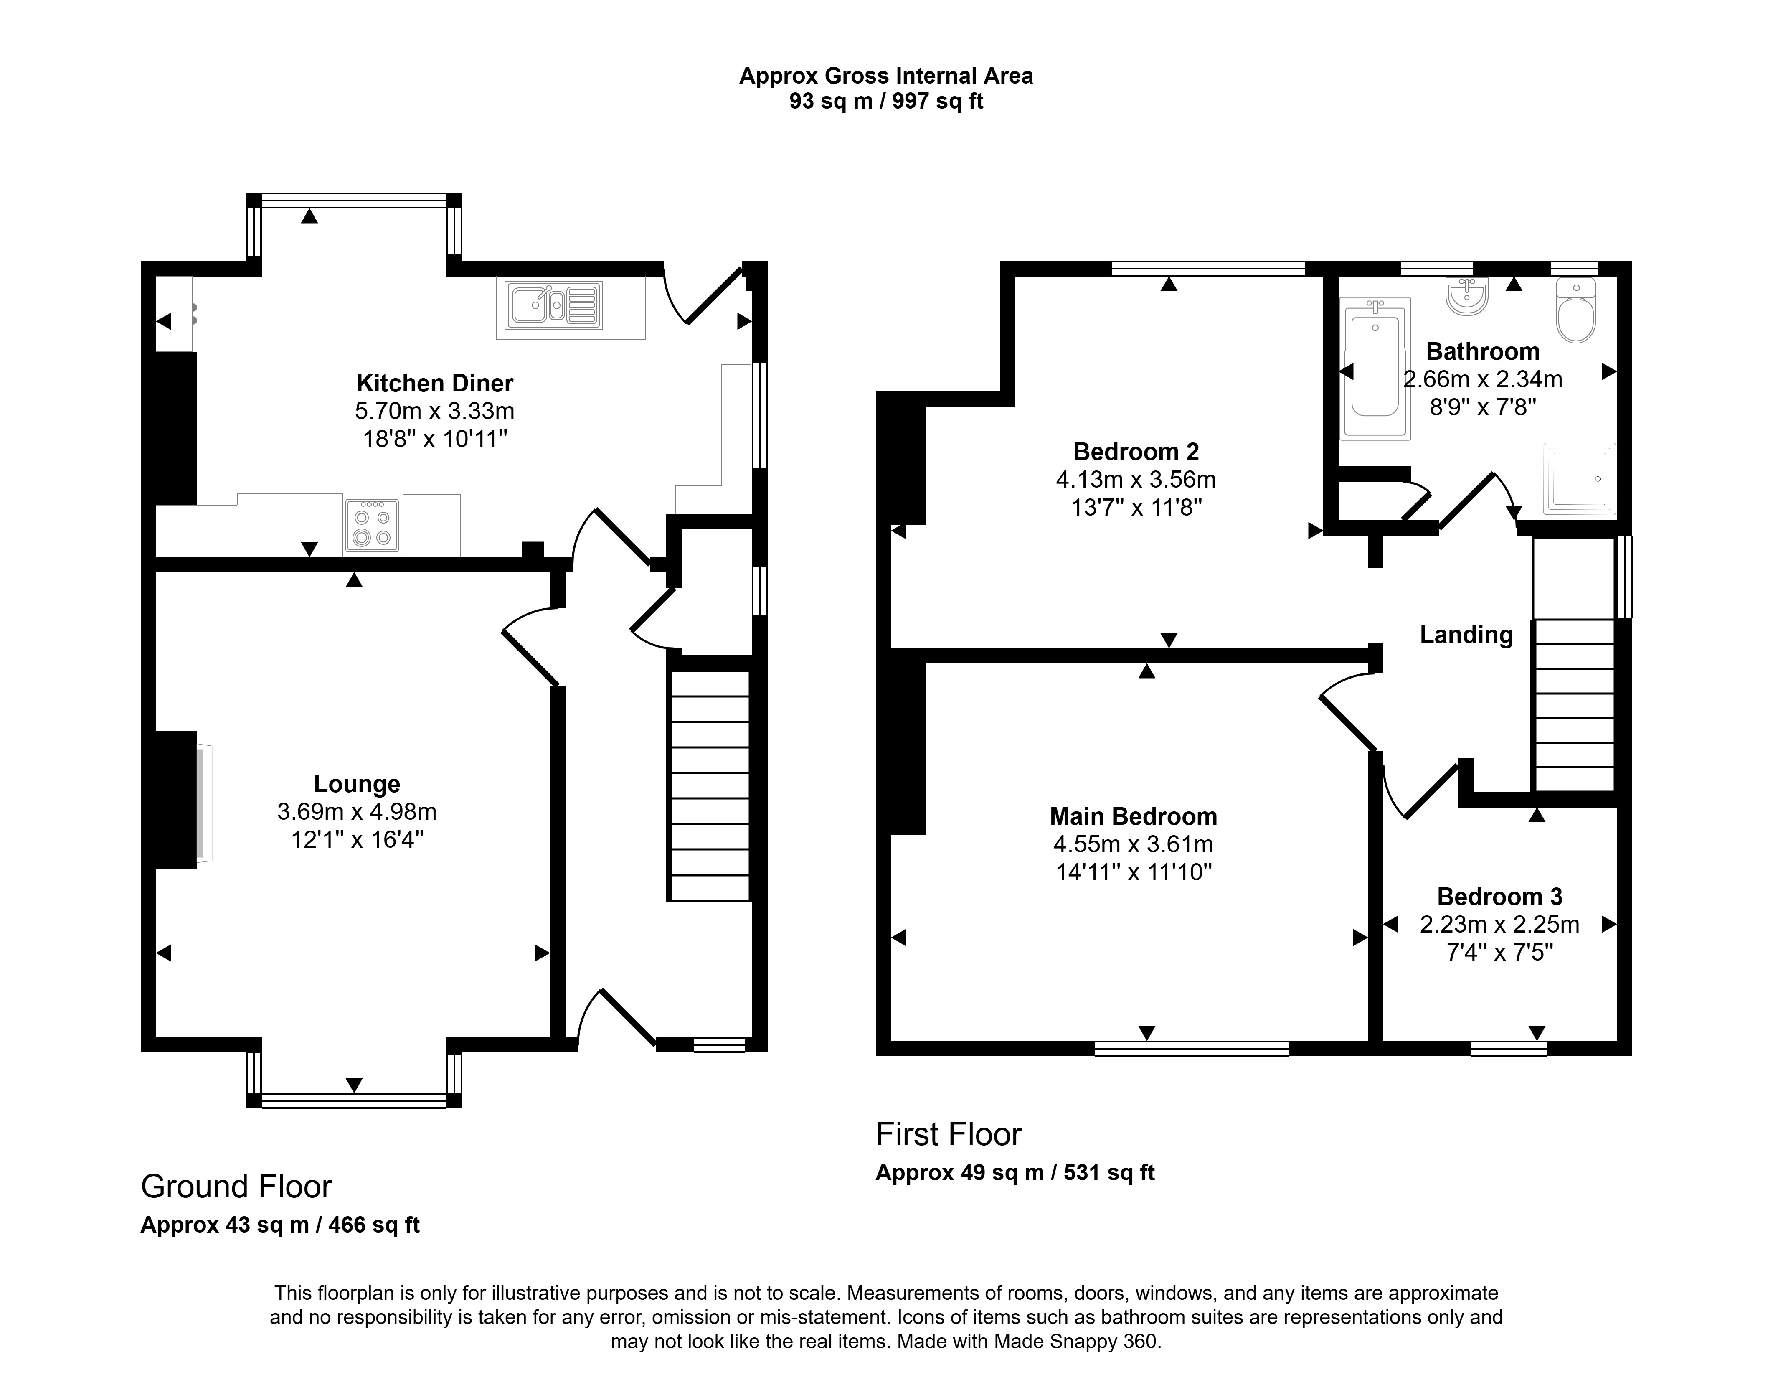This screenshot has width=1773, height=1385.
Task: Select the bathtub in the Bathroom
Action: click(x=1375, y=368)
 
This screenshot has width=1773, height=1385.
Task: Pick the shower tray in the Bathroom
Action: click(x=1579, y=478)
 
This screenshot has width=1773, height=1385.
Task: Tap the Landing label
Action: click(x=1466, y=635)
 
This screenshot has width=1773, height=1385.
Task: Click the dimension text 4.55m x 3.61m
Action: click(x=1133, y=844)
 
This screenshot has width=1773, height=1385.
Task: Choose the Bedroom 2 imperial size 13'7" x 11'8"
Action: click(x=1136, y=507)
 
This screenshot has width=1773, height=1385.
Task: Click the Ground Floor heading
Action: click(x=236, y=1187)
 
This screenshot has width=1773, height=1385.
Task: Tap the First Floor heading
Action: click(x=948, y=1134)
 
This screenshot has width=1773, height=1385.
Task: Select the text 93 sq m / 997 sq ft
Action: click(x=886, y=102)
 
